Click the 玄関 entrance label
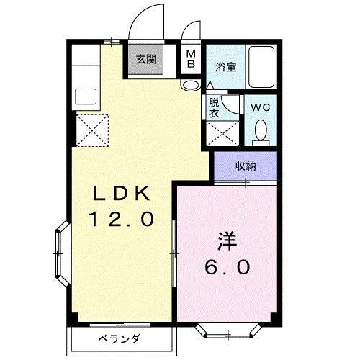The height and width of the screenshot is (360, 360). (x=146, y=59)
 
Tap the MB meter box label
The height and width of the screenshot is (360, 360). (x=191, y=59)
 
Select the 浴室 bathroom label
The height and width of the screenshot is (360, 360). (x=226, y=67)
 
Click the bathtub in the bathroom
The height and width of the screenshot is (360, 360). (x=261, y=67)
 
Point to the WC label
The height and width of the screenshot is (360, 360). (x=261, y=107)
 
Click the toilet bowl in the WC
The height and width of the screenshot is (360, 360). (x=261, y=130)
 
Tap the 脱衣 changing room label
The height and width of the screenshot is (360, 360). (x=214, y=108)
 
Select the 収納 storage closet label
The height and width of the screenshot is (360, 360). (x=246, y=166)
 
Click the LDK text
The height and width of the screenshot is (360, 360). (x=122, y=194)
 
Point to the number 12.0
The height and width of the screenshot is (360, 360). (x=122, y=219)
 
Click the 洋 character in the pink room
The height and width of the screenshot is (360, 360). (x=227, y=240)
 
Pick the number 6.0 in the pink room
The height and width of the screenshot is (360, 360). (x=227, y=267)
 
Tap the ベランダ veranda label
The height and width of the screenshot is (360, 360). (x=119, y=339)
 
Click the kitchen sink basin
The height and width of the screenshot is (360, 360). (x=86, y=96)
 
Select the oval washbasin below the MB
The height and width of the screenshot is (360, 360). (x=190, y=85)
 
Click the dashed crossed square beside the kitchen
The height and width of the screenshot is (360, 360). (x=92, y=130)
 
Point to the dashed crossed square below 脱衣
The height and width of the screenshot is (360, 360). (x=222, y=133)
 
